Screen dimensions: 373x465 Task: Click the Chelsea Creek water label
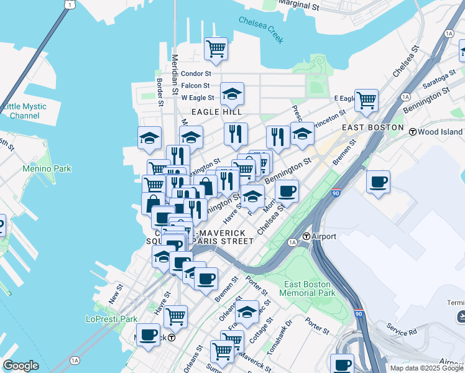[261, 29]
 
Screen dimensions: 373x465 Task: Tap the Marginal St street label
[298, 6]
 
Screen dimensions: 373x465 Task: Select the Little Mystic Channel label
[25, 111]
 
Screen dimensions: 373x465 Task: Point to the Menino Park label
[47, 168]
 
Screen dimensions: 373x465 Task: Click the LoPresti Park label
[111, 319]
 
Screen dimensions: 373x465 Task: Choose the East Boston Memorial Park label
[309, 288]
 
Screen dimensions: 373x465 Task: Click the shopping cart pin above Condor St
[216, 48]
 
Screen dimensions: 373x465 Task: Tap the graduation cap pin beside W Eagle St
[232, 94]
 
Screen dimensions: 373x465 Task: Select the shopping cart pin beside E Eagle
[366, 99]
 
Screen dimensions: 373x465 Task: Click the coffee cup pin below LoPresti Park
[149, 336]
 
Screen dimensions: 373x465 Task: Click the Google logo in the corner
[21, 366]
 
